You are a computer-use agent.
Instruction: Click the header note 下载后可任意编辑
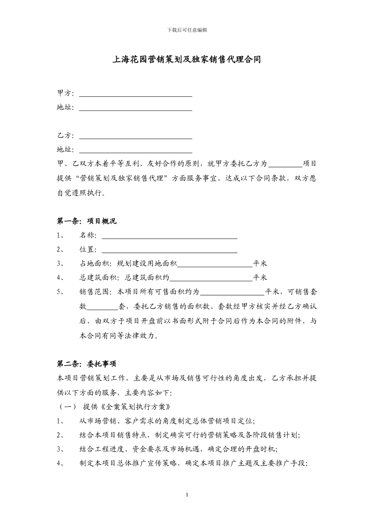(x=187, y=30)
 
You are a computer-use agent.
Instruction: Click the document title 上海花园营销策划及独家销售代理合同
(x=187, y=60)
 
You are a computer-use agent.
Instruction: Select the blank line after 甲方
(x=135, y=94)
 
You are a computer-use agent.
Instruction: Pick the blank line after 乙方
(x=135, y=137)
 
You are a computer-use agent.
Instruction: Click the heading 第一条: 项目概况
(x=87, y=221)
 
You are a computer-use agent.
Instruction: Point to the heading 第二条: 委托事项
(x=87, y=364)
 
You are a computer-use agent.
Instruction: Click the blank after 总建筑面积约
(x=211, y=279)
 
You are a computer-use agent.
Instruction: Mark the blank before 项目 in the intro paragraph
(x=285, y=165)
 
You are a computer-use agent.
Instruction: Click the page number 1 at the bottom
(x=187, y=494)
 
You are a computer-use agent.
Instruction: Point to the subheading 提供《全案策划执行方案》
(x=127, y=407)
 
